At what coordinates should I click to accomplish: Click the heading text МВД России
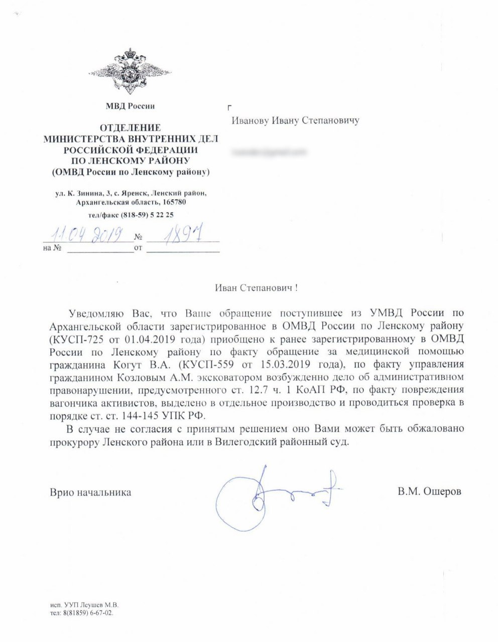130,106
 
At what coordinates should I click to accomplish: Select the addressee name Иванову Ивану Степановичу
295,121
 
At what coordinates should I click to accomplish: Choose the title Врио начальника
90,492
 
